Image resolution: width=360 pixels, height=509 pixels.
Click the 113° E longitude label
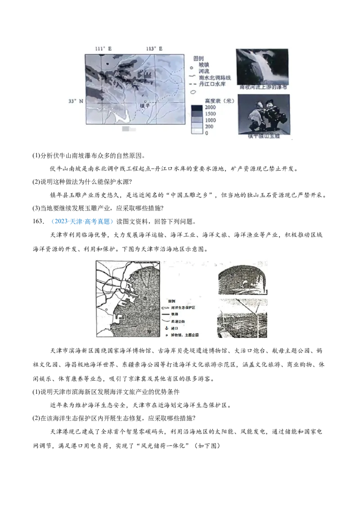click(x=154, y=49)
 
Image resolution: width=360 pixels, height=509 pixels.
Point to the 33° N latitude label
click(x=76, y=102)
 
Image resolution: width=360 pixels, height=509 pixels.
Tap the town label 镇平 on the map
click(x=144, y=106)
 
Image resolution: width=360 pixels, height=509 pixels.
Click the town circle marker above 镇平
click(x=145, y=101)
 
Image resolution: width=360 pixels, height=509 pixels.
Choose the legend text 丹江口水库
click(x=211, y=85)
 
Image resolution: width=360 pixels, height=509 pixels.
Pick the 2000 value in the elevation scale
click(x=210, y=108)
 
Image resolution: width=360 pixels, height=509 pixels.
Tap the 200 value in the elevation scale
click(x=209, y=127)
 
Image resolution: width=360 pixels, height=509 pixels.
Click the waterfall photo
click(x=262, y=66)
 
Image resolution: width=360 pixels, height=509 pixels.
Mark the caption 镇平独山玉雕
click(x=264, y=136)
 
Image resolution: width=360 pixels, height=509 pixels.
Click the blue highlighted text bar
click(x=83, y=222)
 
